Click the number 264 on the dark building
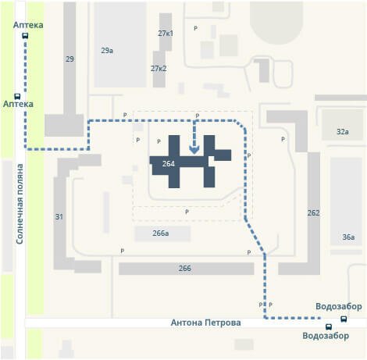(x=169, y=164)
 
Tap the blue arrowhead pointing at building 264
(x=194, y=150)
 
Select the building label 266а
(x=161, y=233)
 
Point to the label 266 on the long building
(x=185, y=268)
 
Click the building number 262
(x=313, y=213)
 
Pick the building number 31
(x=59, y=216)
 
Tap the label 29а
(x=107, y=51)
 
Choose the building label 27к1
(x=166, y=34)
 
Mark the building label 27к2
(x=159, y=69)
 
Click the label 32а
(x=343, y=132)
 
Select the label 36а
(x=348, y=237)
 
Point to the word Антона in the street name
(x=186, y=323)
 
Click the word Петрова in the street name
(x=223, y=323)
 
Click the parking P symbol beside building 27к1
(x=195, y=28)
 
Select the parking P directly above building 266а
(x=187, y=212)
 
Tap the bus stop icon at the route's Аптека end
(x=25, y=36)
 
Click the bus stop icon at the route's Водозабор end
(x=344, y=319)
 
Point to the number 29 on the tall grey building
(x=69, y=59)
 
